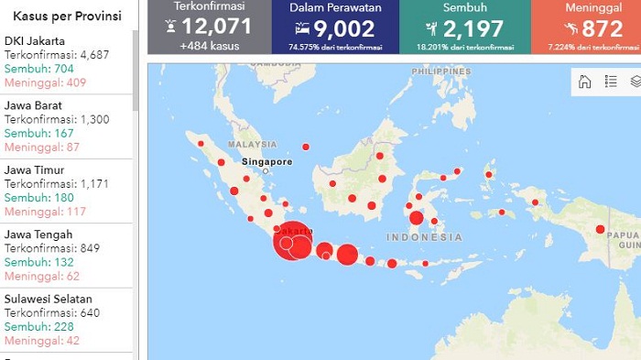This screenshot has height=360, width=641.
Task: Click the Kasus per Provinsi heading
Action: click(67, 16)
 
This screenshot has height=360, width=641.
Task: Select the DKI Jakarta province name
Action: click(35, 40)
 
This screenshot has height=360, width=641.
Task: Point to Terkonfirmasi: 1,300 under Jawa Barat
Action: click(56, 119)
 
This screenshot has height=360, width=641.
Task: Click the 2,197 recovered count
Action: click(473, 28)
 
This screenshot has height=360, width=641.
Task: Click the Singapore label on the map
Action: click(267, 162)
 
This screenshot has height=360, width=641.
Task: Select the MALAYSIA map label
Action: click(253, 144)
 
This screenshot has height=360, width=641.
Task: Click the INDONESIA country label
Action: click(424, 237)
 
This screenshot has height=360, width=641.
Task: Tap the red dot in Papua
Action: click(600, 229)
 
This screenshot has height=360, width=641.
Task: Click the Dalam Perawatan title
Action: click(336, 7)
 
